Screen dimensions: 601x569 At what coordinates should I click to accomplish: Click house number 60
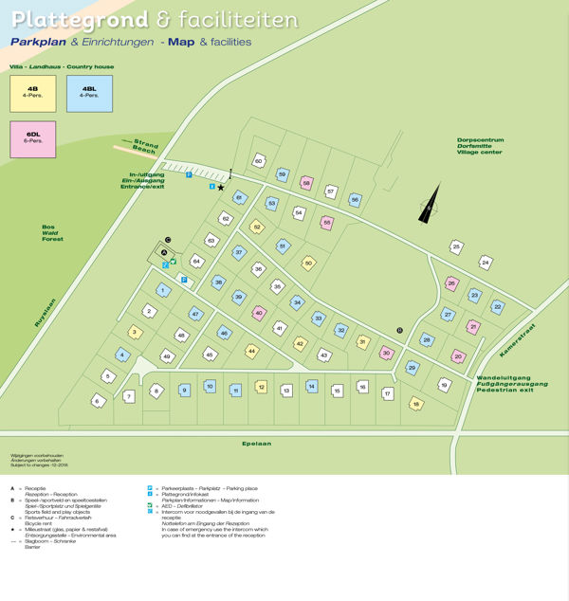tap(258, 161)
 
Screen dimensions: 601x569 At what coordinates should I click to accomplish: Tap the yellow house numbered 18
tap(415, 405)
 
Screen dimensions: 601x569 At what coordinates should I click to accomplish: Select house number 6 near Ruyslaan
tap(97, 401)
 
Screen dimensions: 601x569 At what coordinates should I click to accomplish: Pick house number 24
tap(486, 262)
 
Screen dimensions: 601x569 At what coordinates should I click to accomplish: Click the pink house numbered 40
tap(259, 313)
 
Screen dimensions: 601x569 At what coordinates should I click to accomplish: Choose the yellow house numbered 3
tap(135, 332)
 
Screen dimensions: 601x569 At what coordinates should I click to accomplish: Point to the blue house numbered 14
tap(311, 387)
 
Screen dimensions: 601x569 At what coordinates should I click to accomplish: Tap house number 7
tap(129, 396)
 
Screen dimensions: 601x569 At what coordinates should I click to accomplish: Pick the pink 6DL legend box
tap(32, 139)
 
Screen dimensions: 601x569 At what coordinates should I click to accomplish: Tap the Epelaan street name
tap(284, 444)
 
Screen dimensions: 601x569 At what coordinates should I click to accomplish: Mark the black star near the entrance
tap(221, 188)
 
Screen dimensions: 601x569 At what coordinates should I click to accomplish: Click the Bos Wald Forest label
tap(53, 232)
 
